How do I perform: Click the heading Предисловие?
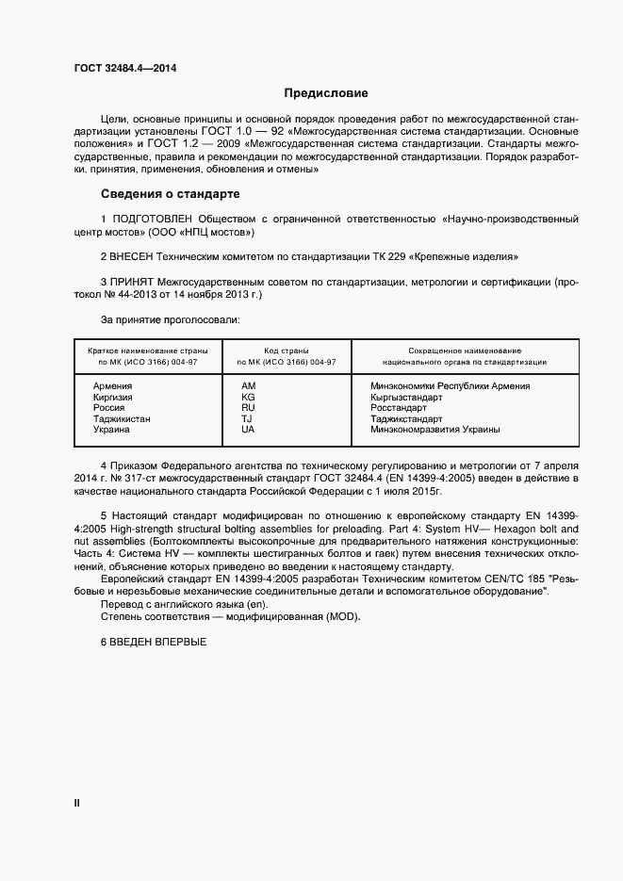click(326, 93)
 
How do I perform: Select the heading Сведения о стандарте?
click(170, 194)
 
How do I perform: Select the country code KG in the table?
click(248, 398)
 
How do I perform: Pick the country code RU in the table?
click(248, 408)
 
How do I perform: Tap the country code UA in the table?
click(248, 430)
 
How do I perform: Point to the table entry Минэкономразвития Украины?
click(435, 430)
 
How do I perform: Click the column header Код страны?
click(286, 350)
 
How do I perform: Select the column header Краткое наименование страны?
click(142, 350)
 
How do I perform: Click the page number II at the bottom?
click(77, 803)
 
